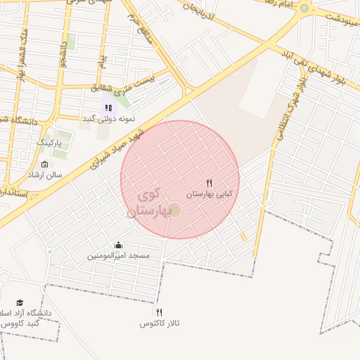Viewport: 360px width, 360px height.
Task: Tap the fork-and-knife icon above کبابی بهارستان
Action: (x=209, y=184)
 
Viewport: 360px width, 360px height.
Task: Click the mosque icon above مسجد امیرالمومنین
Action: (x=117, y=245)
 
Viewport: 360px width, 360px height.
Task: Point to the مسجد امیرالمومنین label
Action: (x=118, y=256)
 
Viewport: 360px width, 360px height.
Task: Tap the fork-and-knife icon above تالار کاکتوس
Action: (x=159, y=312)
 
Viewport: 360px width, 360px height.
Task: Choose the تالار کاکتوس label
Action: (x=160, y=323)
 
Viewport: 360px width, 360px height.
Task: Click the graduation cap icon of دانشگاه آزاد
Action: (x=20, y=302)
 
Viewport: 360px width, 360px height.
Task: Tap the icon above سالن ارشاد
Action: (x=45, y=164)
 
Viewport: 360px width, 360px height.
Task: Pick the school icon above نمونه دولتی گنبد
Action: (x=108, y=108)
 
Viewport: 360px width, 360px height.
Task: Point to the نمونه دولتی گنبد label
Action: (x=108, y=118)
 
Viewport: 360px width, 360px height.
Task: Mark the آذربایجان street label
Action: (x=201, y=17)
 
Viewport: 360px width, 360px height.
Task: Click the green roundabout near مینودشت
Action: (x=304, y=8)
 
